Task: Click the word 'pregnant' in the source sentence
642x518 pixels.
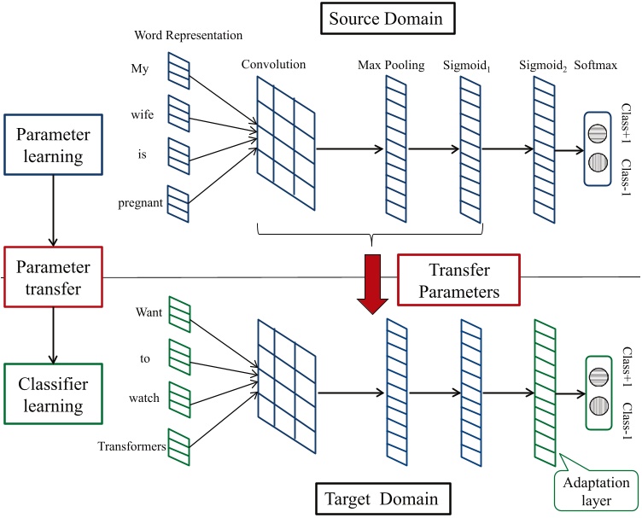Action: coord(139,203)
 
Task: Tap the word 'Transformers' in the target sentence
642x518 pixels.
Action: coord(131,445)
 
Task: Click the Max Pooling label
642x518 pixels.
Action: coord(393,65)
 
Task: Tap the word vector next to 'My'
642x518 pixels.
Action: coord(179,69)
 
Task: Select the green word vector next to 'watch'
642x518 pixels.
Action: coord(180,398)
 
